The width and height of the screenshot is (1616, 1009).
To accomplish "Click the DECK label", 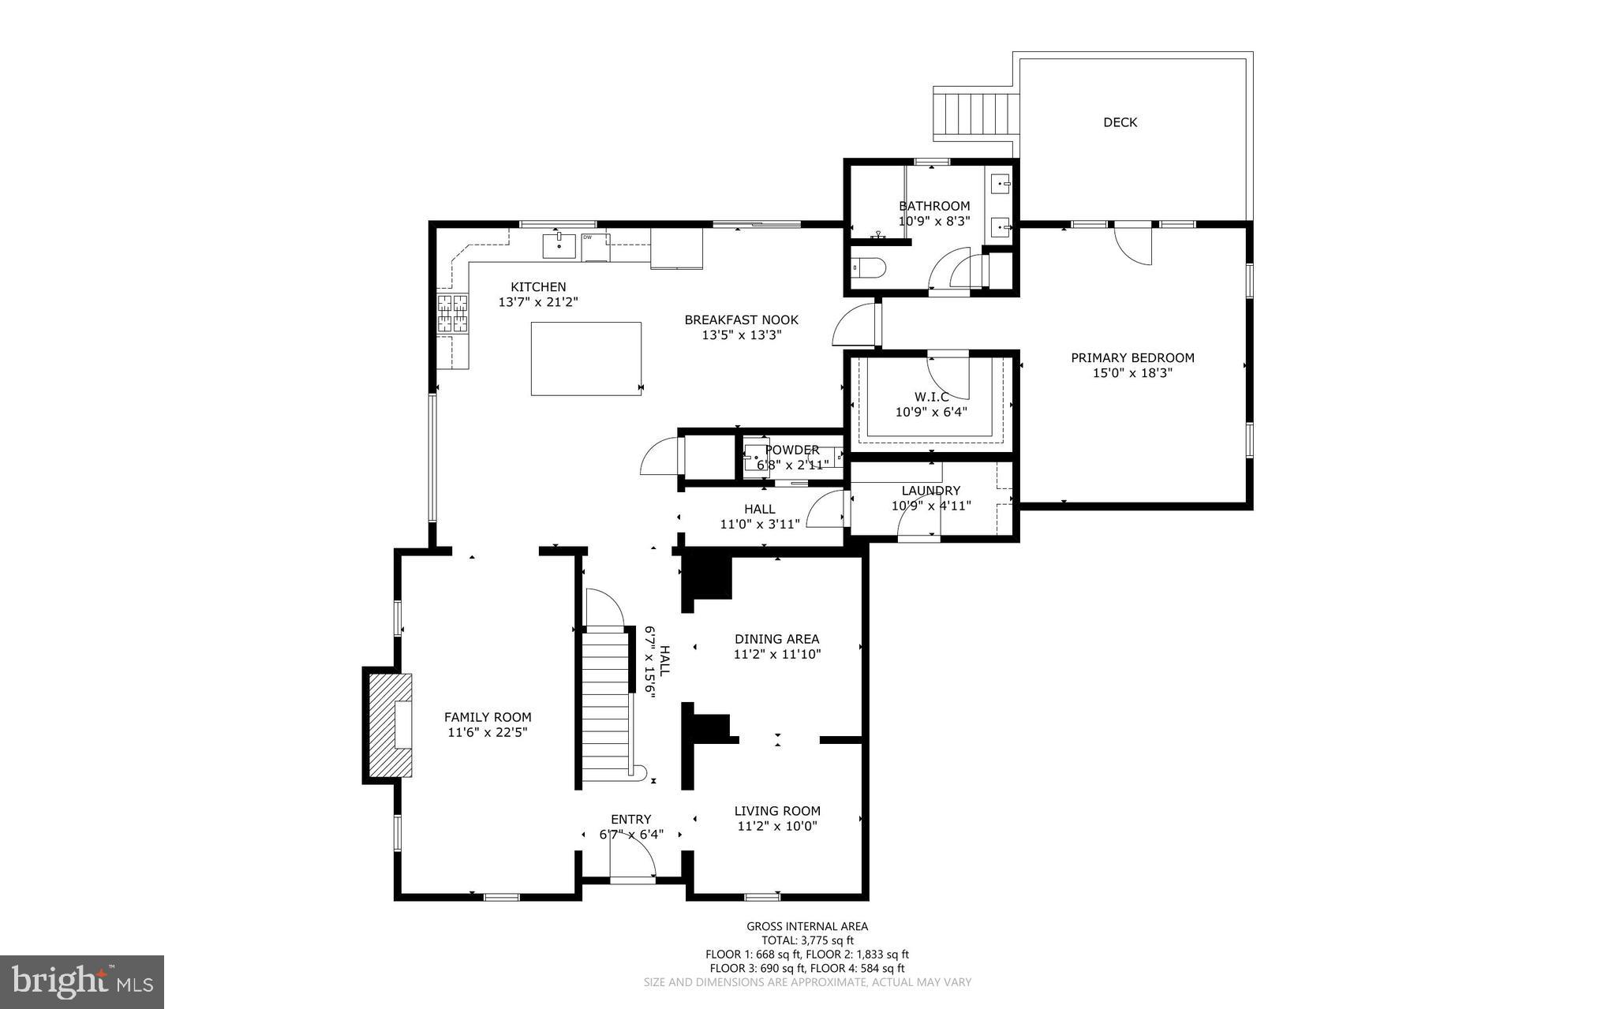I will point(1120,122).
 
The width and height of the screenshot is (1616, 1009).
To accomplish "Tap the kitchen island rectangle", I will point(585,358).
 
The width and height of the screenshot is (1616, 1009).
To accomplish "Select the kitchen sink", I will point(559,245).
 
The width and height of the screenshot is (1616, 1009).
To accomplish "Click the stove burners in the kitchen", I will point(453,313).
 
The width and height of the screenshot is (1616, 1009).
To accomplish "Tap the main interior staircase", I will point(606,702).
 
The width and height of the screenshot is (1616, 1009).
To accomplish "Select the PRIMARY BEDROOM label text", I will point(1132,358).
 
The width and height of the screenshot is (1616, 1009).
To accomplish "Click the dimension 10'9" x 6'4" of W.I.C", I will point(931,412).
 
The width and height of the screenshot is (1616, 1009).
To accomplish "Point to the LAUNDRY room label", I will point(931,491).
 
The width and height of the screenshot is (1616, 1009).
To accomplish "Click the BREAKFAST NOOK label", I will point(741,320).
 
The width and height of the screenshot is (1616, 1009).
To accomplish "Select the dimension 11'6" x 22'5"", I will point(487,732).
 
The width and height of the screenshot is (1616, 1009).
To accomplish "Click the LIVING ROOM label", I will point(777,811).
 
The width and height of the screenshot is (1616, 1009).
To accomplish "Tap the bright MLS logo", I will point(81,981).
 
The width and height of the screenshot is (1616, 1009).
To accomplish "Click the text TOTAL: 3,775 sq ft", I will point(807,940).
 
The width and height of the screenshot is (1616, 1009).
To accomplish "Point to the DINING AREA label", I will point(776,639).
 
